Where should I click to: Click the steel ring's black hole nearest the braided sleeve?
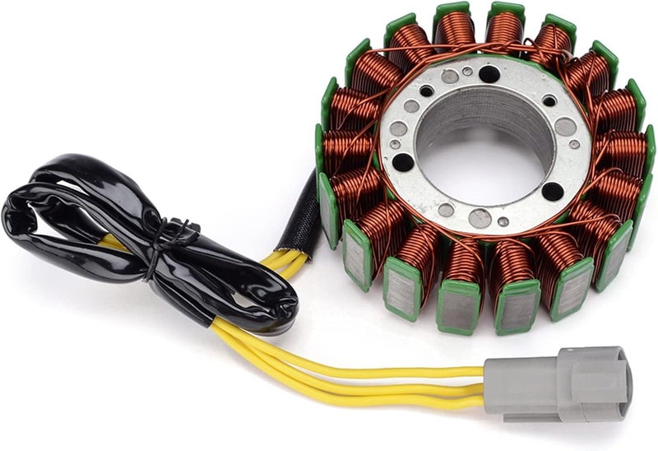pos(403,162)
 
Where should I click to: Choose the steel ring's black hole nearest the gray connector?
pos(552,191)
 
